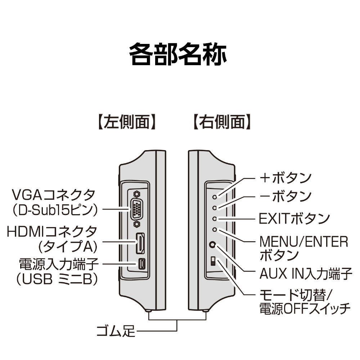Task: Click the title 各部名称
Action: [178, 54]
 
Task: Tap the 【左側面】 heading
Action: [127, 122]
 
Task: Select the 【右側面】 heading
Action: [222, 122]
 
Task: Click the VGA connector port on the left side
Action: [136, 209]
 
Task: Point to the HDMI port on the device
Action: [140, 243]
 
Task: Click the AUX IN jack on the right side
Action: [213, 244]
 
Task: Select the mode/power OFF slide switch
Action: [213, 261]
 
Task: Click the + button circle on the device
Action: [215, 197]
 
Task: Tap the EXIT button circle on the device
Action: [215, 219]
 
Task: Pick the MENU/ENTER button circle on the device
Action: [215, 230]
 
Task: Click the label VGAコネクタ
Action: [53, 195]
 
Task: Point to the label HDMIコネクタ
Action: [51, 231]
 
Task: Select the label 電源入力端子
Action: [59, 264]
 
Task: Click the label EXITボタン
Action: [294, 219]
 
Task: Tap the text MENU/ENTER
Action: [304, 242]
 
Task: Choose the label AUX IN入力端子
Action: [306, 274]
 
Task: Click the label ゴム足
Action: [116, 331]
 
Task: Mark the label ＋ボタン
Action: [285, 178]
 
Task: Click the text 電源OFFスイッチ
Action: [305, 309]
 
